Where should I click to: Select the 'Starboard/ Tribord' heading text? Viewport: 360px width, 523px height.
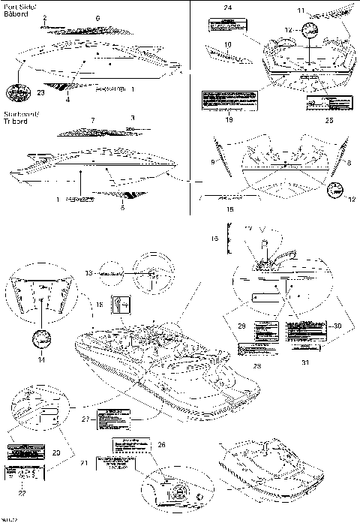tap(19, 116)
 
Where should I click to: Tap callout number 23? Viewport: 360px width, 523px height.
tap(40, 92)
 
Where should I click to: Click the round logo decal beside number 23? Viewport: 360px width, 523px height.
tap(16, 92)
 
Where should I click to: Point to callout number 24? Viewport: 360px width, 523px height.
tap(226, 7)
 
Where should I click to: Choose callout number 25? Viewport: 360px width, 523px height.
tap(328, 119)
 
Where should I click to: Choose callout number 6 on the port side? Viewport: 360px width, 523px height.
tap(97, 17)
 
